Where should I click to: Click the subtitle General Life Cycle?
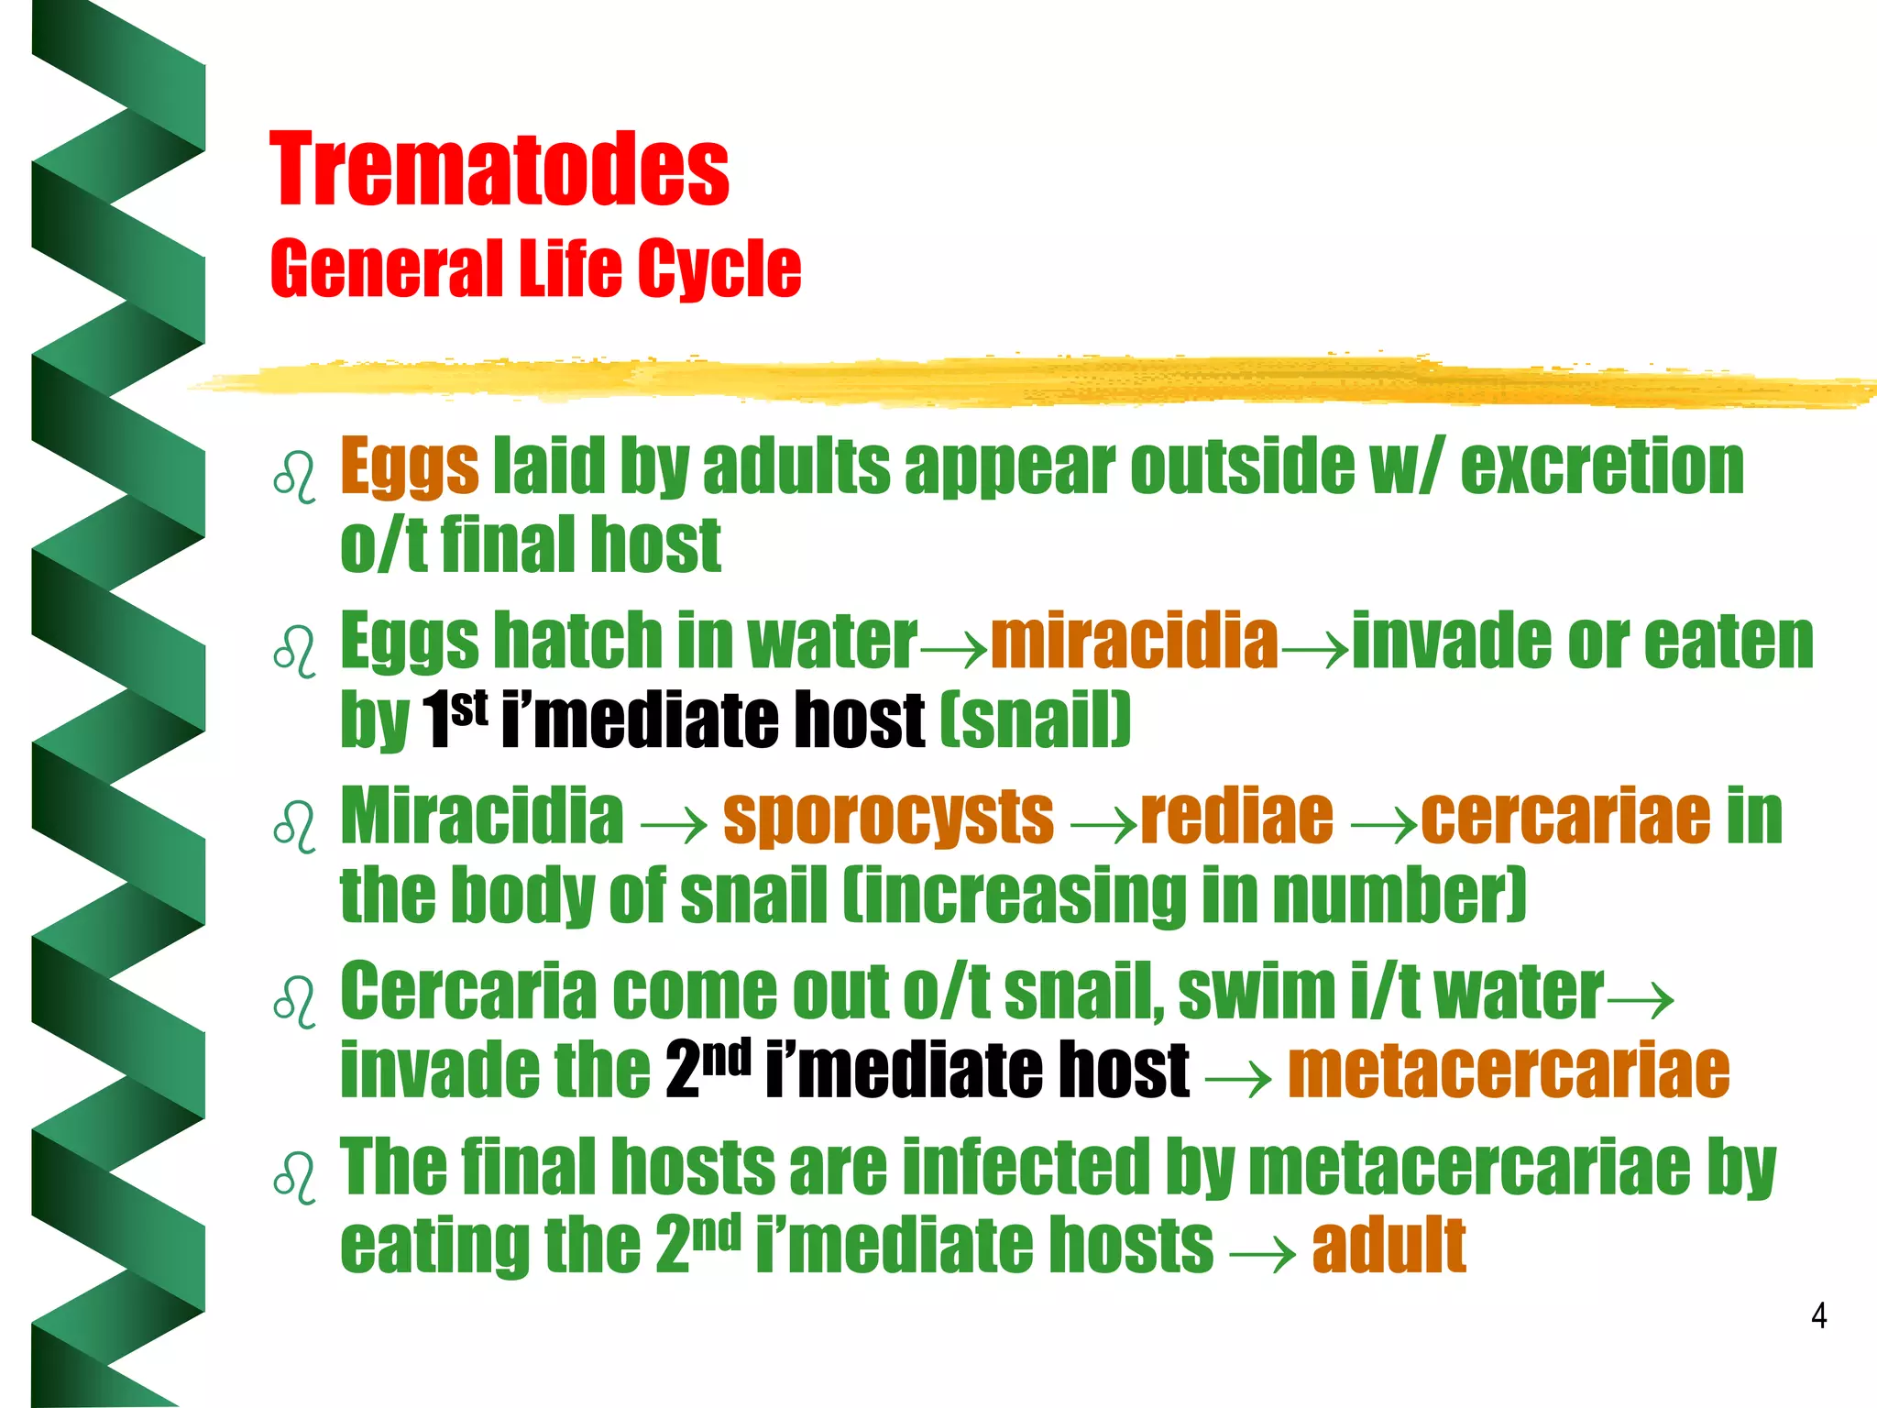(x=535, y=268)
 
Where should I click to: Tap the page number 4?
(x=1819, y=1316)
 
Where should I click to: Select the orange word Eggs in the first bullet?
(x=409, y=467)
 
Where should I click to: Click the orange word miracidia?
(x=1135, y=640)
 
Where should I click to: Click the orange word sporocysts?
(x=888, y=816)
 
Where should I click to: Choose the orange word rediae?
(x=1237, y=816)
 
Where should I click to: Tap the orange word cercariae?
(x=1565, y=816)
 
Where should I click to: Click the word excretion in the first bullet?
(x=1602, y=467)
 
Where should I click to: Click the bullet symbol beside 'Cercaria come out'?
(x=294, y=1000)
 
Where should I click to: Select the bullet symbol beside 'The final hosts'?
(x=294, y=1176)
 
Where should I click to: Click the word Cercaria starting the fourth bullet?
(x=467, y=992)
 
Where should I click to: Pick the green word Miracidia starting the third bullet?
(x=482, y=816)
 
